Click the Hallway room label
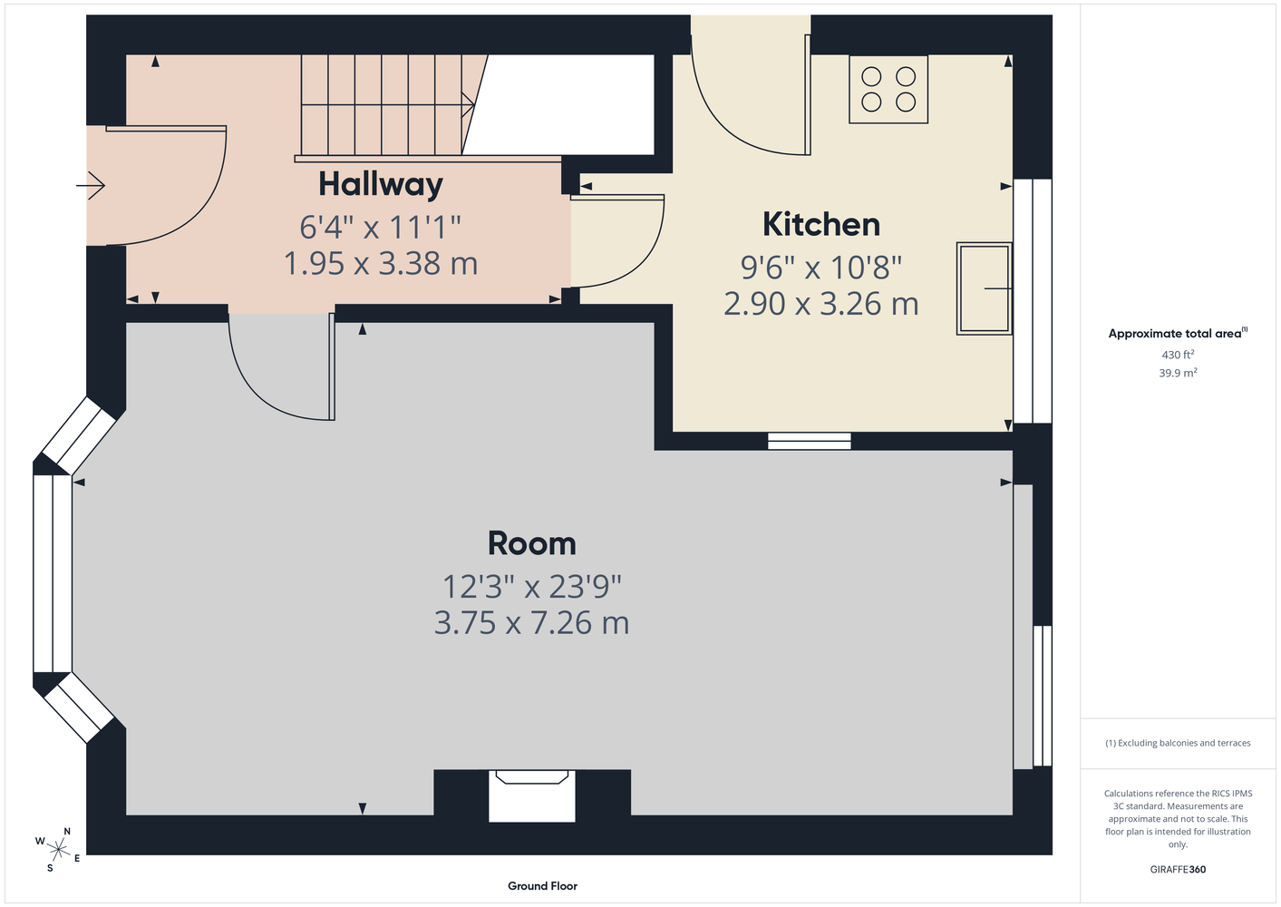pyautogui.click(x=381, y=185)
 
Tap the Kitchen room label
pyautogui.click(x=821, y=224)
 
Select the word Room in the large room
pyautogui.click(x=532, y=543)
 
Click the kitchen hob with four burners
pyautogui.click(x=888, y=89)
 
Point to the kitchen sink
pyautogui.click(x=985, y=288)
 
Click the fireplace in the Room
pyautogui.click(x=532, y=796)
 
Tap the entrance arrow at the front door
pyautogui.click(x=91, y=185)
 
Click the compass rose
pyautogui.click(x=58, y=850)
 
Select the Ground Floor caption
pyautogui.click(x=543, y=886)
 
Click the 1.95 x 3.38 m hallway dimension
pyautogui.click(x=381, y=264)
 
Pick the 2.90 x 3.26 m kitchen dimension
pyautogui.click(x=821, y=304)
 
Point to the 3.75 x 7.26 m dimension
pyautogui.click(x=532, y=622)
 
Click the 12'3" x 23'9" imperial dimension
pyautogui.click(x=532, y=587)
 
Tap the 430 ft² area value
pyautogui.click(x=1178, y=355)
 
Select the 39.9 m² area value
pyautogui.click(x=1178, y=373)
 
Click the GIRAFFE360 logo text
pyautogui.click(x=1178, y=869)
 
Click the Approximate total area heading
pyautogui.click(x=1178, y=333)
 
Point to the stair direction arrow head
pyautogui.click(x=469, y=105)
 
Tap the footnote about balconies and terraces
pyautogui.click(x=1178, y=743)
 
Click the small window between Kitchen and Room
pyautogui.click(x=810, y=441)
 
